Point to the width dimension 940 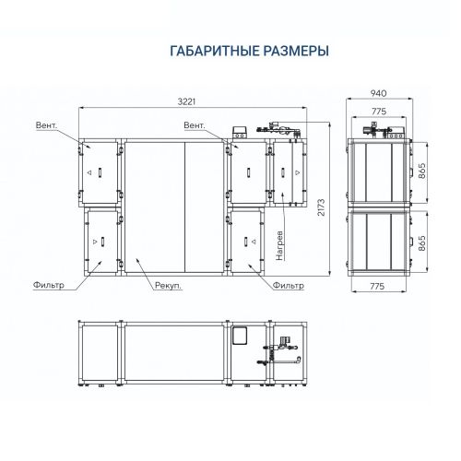378,93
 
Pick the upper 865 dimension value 421,171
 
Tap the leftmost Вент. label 48,124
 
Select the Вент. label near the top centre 194,124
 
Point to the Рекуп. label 168,287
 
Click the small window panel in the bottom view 243,336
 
